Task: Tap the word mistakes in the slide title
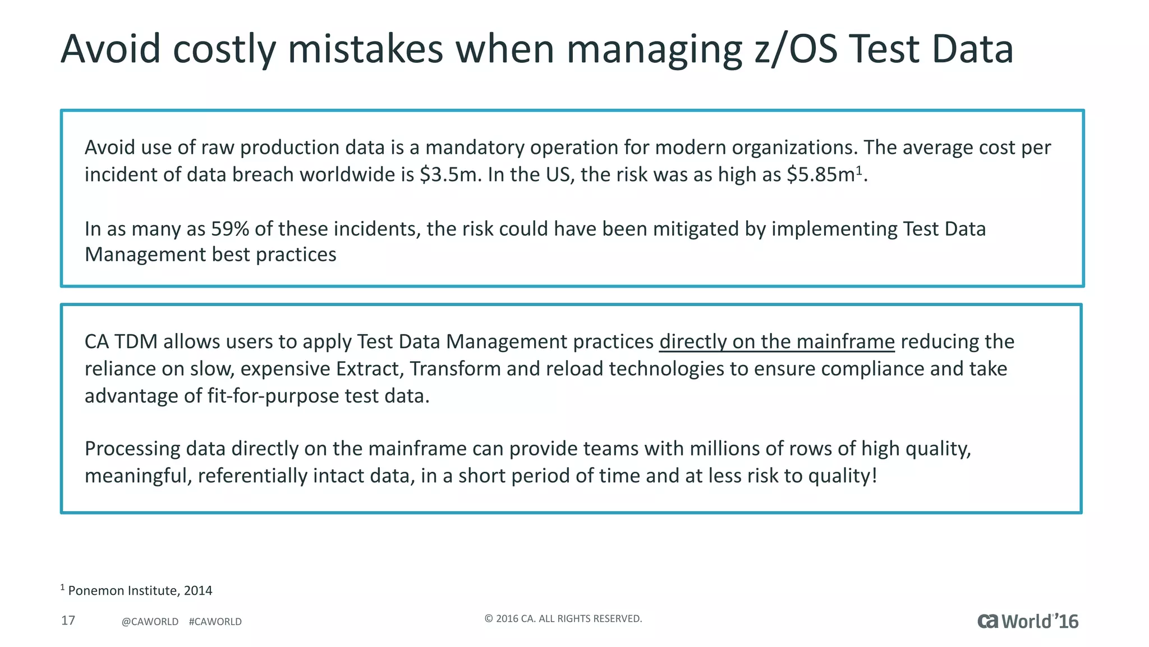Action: click(x=365, y=49)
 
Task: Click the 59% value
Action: click(x=230, y=229)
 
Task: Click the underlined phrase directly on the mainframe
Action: click(x=776, y=341)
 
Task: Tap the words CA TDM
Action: click(x=121, y=341)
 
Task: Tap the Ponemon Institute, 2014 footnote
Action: click(x=140, y=591)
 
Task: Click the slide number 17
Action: click(x=68, y=621)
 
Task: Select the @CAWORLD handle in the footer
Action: click(x=150, y=622)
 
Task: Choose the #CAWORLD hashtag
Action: click(x=215, y=622)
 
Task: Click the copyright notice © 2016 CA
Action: click(x=563, y=619)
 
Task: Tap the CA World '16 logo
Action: click(x=1028, y=621)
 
